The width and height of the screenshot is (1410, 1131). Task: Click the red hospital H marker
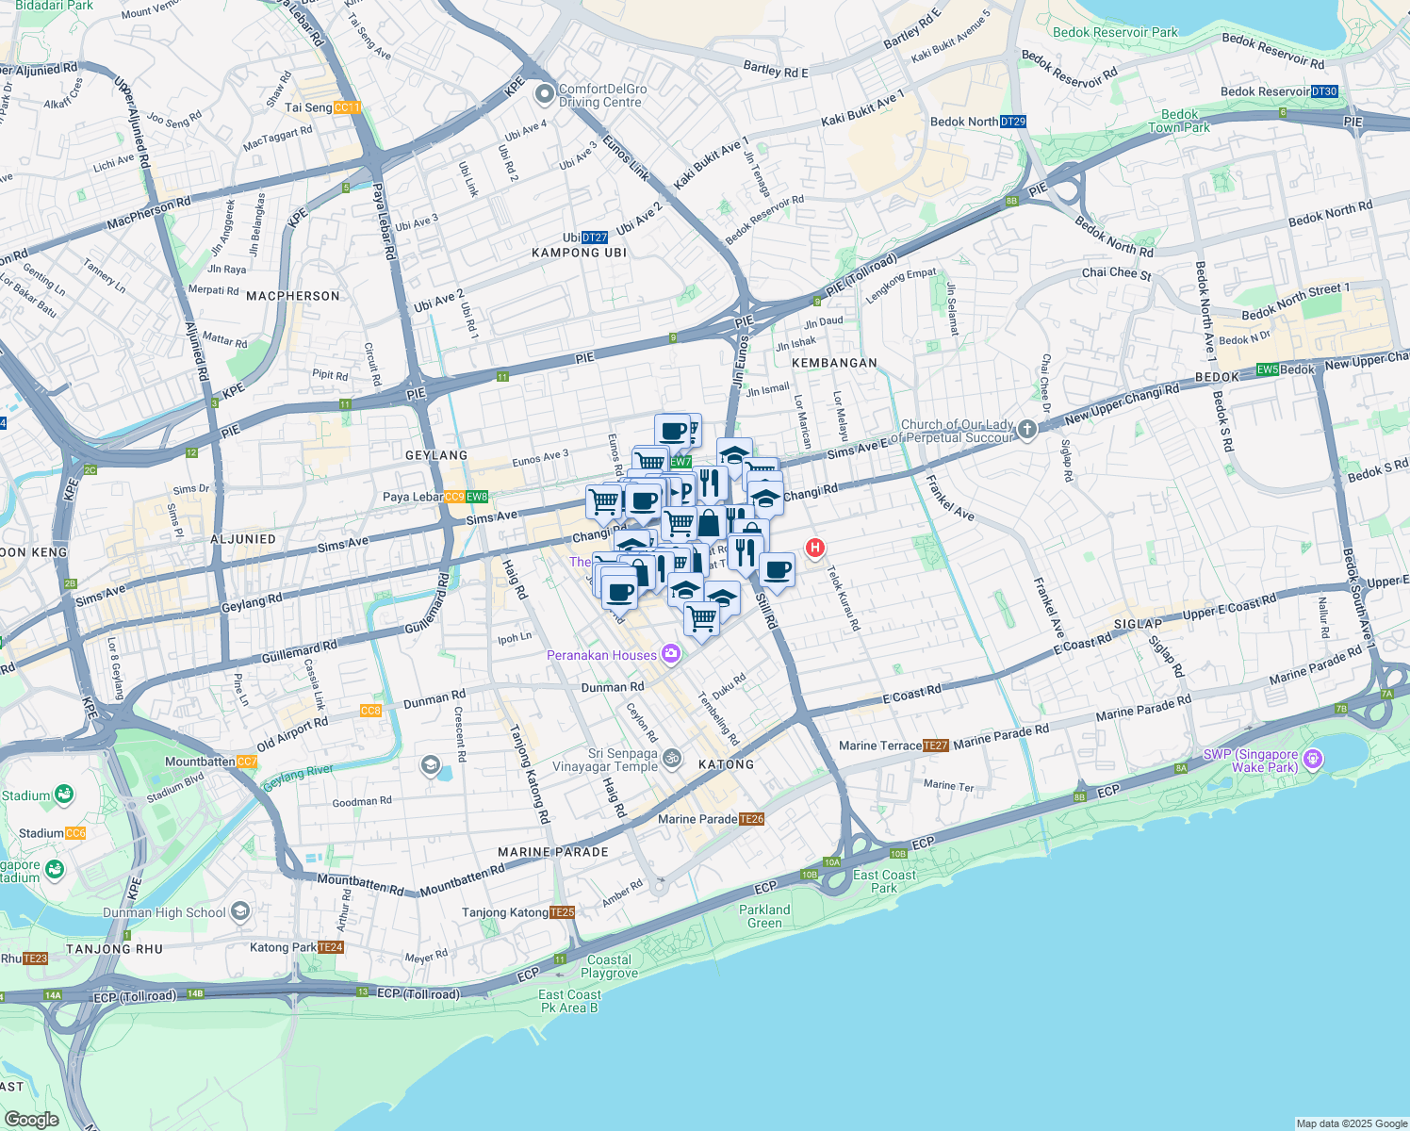click(814, 548)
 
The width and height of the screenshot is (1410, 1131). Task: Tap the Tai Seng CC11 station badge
click(347, 107)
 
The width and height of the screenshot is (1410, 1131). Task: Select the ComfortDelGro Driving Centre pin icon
click(544, 94)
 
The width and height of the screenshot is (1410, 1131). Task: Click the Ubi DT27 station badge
click(595, 238)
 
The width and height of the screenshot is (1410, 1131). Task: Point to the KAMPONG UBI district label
click(579, 253)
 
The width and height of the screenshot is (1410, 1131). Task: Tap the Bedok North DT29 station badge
click(1013, 122)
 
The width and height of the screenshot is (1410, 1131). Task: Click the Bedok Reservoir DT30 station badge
click(1324, 91)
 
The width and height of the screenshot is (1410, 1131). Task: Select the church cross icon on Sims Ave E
click(1026, 430)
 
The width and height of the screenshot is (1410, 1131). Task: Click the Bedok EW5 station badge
click(1267, 369)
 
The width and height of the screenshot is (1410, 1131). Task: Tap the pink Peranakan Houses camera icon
click(670, 653)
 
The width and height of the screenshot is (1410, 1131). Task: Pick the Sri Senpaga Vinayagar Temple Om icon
click(672, 757)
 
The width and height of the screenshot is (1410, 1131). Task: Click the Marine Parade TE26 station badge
click(751, 819)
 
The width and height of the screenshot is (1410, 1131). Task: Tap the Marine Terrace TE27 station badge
click(936, 746)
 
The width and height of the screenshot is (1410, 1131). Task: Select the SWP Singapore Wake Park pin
click(1314, 760)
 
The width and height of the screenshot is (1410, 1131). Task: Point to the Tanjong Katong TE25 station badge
click(562, 912)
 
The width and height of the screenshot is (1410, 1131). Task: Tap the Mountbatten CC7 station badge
click(247, 762)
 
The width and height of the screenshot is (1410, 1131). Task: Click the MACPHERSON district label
click(292, 296)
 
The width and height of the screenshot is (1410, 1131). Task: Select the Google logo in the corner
click(31, 1119)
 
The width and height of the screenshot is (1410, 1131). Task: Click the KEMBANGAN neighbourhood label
click(834, 363)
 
